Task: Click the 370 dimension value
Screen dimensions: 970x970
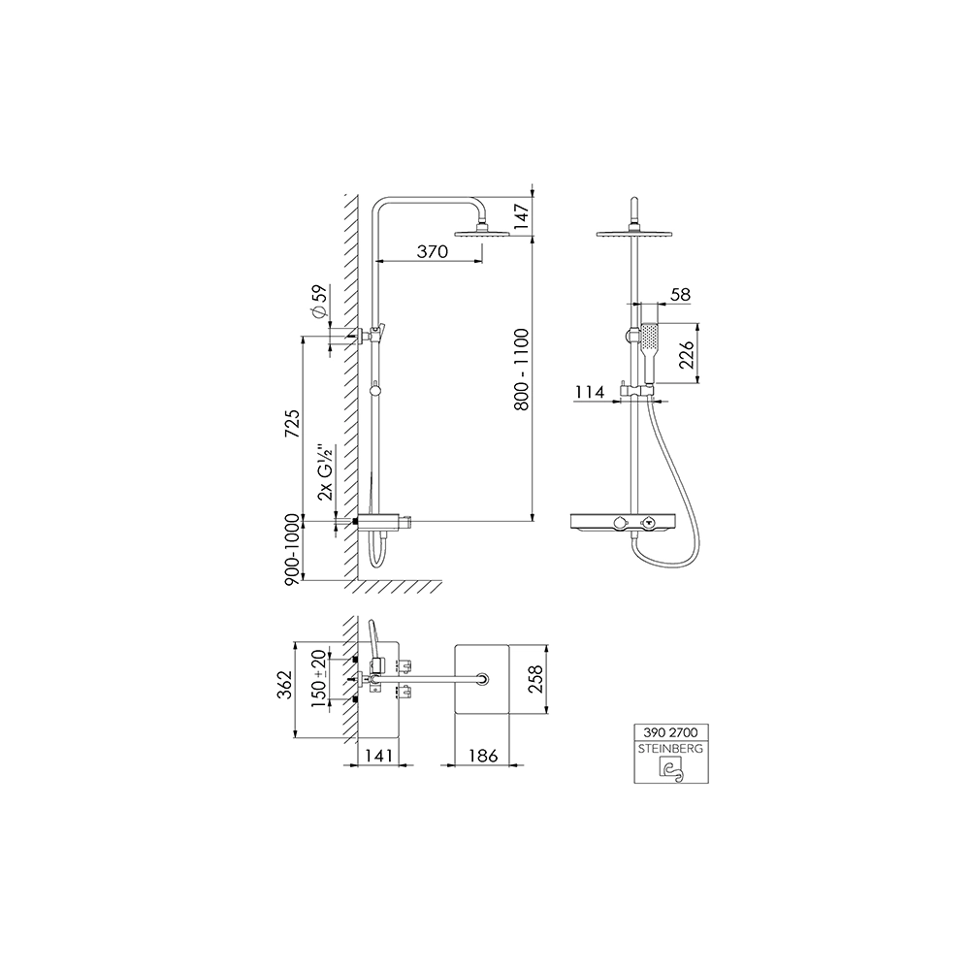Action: click(x=432, y=252)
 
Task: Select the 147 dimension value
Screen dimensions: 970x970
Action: click(x=522, y=216)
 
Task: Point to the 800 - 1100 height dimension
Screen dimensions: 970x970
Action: click(x=522, y=370)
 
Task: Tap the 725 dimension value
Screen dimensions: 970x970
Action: click(x=292, y=424)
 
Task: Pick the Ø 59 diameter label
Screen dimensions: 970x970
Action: click(x=318, y=302)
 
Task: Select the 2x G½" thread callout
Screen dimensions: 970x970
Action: click(x=325, y=471)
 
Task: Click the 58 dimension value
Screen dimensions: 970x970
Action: click(x=680, y=295)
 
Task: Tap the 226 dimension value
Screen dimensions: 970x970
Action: click(x=688, y=354)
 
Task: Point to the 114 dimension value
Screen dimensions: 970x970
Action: click(x=590, y=392)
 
